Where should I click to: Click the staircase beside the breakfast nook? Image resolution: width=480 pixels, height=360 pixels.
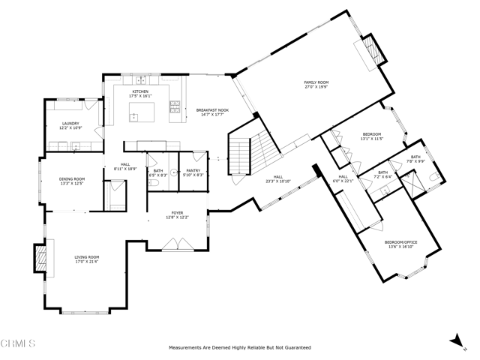[239, 157]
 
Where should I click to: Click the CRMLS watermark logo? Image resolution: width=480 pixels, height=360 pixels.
[18, 344]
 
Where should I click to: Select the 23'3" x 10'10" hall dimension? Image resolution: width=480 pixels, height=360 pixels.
[277, 181]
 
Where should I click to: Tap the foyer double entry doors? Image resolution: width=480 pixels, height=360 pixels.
[177, 244]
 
